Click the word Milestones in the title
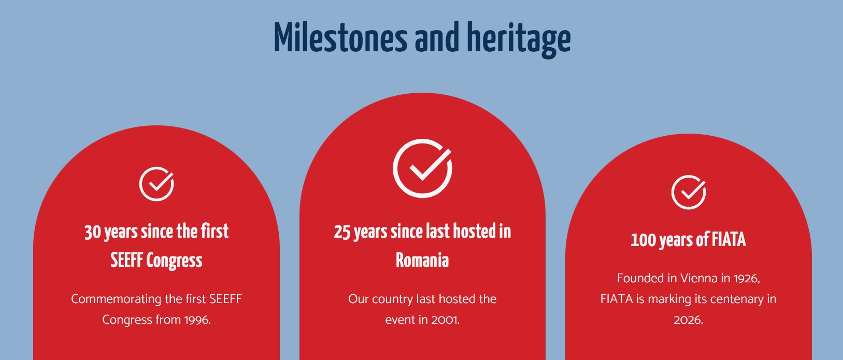[x=340, y=38]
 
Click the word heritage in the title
[x=519, y=40]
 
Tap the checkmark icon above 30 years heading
[x=156, y=183]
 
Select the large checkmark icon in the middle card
[x=422, y=168]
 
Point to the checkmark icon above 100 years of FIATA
[x=689, y=192]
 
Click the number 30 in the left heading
[x=93, y=232]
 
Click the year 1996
[x=197, y=320]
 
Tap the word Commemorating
[x=116, y=299]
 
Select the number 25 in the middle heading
[x=342, y=232]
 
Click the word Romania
[x=422, y=261]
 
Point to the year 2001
[x=446, y=320]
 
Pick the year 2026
[x=688, y=320]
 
